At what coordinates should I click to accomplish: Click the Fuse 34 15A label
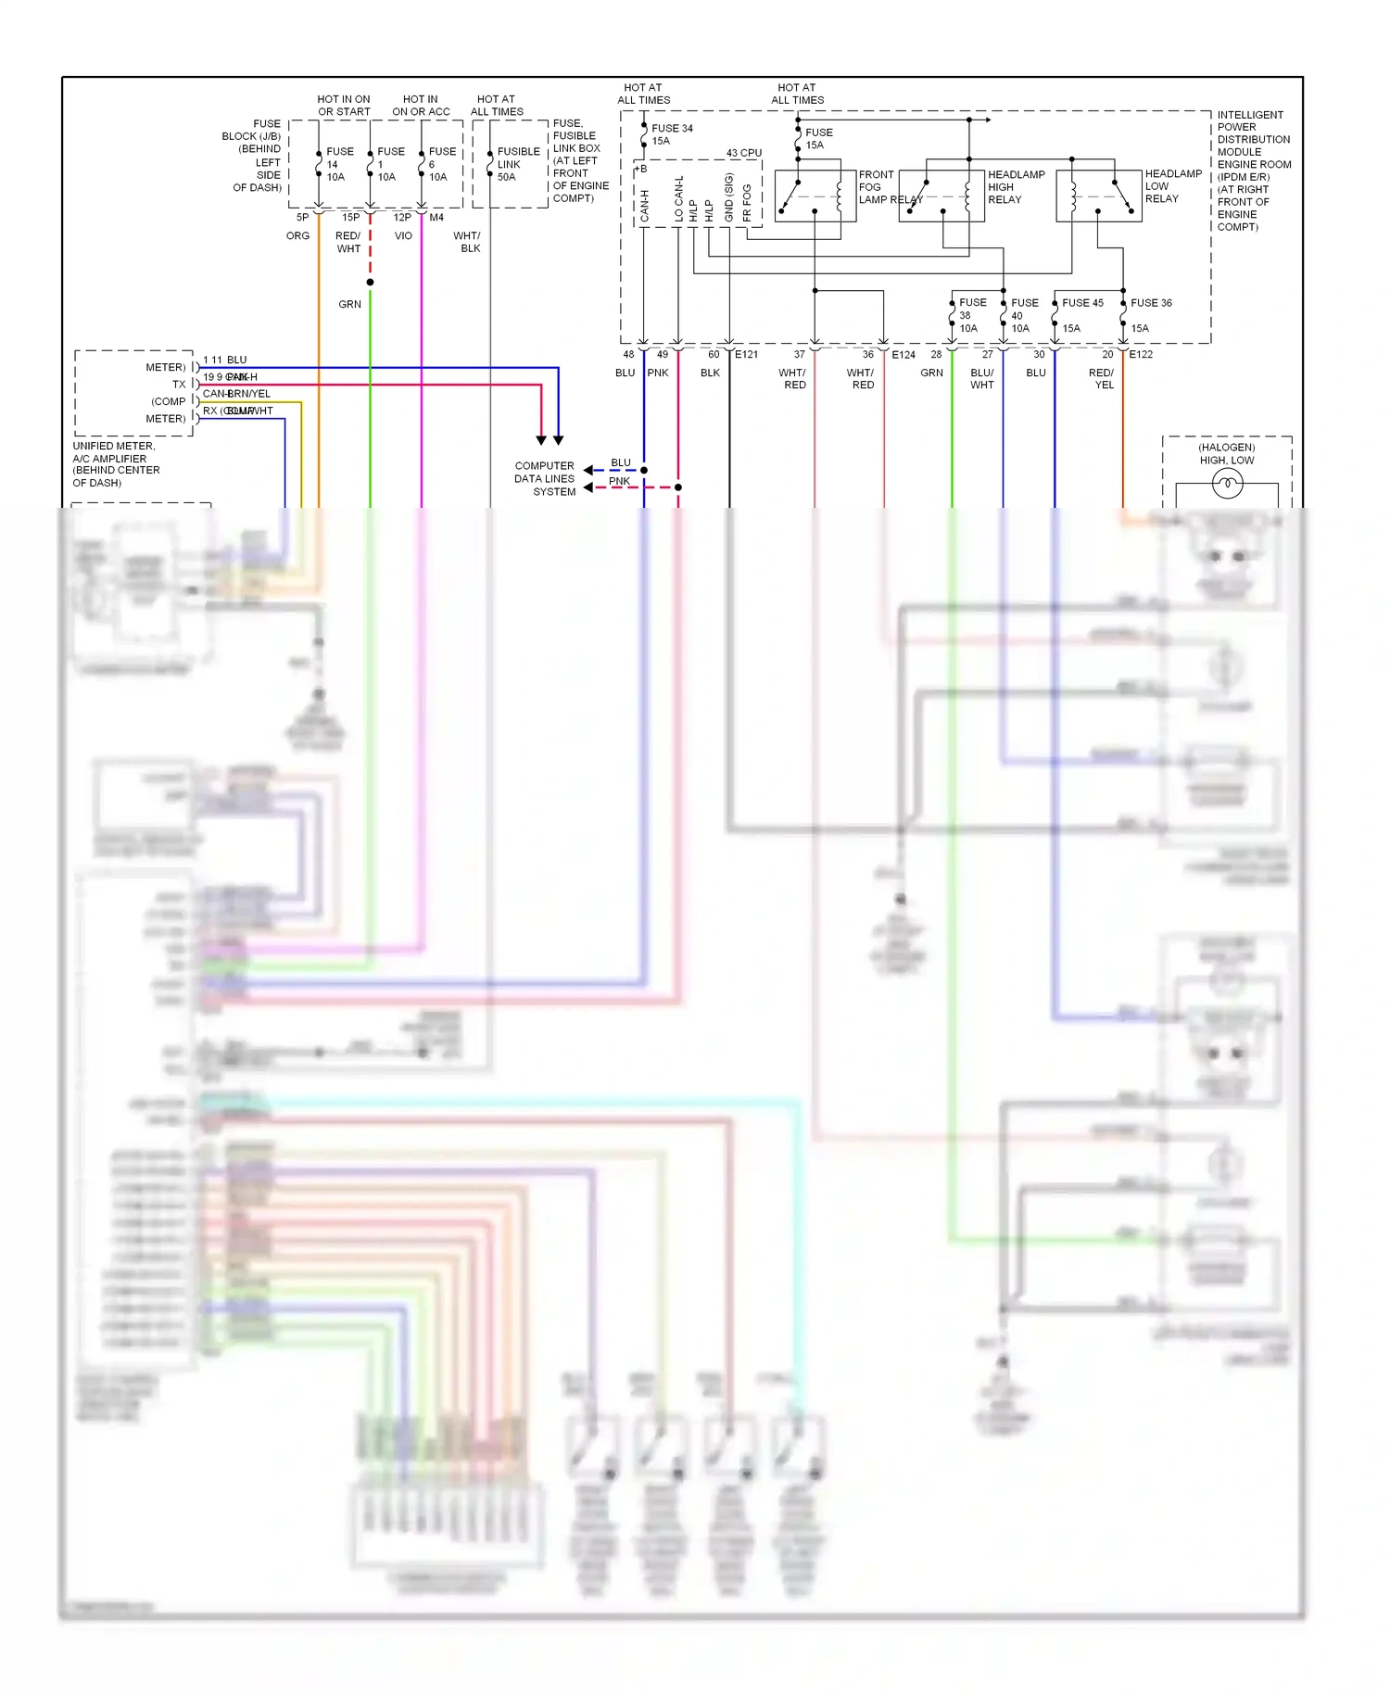(672, 134)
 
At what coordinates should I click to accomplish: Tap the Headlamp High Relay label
(1015, 187)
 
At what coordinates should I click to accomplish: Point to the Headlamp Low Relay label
(1172, 186)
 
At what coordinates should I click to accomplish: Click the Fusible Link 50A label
(517, 164)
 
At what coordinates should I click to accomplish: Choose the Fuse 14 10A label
(339, 164)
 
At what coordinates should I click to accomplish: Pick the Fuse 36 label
(1151, 303)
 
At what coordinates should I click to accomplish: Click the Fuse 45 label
(1082, 303)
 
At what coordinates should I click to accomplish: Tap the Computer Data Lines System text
(546, 479)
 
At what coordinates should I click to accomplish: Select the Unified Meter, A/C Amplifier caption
(116, 464)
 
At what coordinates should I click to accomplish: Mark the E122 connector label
(1141, 355)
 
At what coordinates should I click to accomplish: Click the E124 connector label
(903, 355)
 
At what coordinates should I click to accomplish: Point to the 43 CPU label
(743, 153)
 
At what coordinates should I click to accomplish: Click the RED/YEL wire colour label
(1102, 378)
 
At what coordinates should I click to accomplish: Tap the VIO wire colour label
(403, 236)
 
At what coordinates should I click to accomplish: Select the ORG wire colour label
(297, 236)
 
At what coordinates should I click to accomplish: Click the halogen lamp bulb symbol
(1227, 483)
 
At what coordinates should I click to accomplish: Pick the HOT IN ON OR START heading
(344, 106)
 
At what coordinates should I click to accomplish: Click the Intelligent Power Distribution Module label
(1253, 171)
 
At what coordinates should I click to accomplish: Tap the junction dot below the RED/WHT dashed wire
(370, 282)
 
